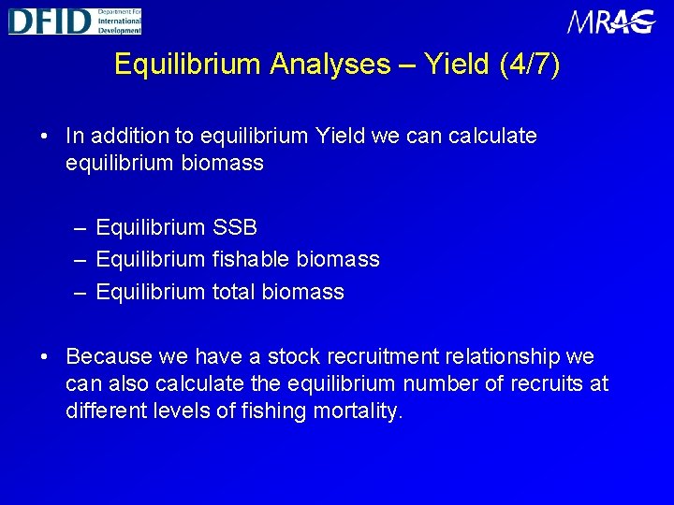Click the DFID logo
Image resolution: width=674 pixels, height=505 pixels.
(x=75, y=21)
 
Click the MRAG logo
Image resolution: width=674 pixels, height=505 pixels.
(x=611, y=22)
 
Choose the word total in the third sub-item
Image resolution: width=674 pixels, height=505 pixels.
(x=232, y=292)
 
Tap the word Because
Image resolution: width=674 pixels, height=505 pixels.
(x=110, y=356)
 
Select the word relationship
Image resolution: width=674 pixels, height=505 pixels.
(x=516, y=356)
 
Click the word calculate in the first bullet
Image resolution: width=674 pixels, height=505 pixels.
(x=492, y=136)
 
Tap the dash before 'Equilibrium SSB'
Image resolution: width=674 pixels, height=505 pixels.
(x=80, y=228)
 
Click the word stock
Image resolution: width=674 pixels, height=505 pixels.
(x=294, y=356)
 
